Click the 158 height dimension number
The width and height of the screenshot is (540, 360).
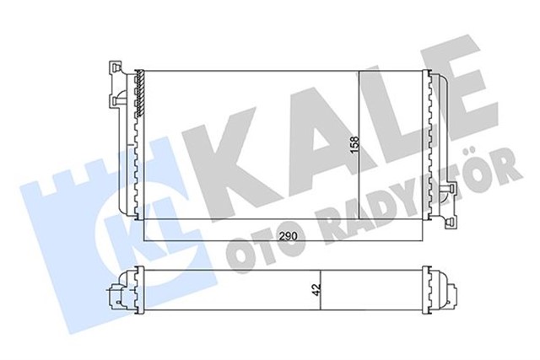pos(354,146)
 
